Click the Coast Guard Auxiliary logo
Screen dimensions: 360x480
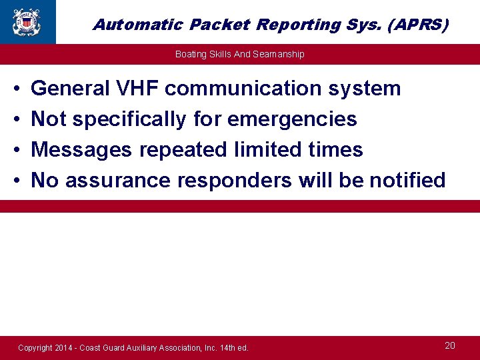26,21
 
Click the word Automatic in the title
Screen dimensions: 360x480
138,25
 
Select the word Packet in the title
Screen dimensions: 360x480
218,25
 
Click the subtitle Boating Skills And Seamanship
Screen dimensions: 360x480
239,54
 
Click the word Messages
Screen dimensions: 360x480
81,149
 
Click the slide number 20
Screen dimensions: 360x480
450,345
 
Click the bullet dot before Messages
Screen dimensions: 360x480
15,150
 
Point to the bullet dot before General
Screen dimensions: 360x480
15,89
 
